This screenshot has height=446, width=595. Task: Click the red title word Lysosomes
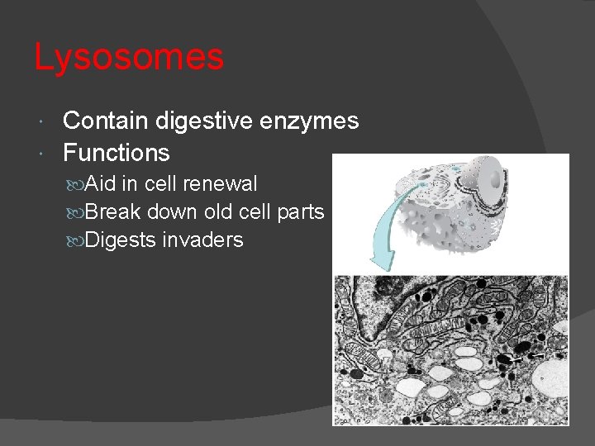(x=129, y=58)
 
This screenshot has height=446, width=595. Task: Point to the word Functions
(x=117, y=153)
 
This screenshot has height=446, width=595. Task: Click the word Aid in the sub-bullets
(x=101, y=184)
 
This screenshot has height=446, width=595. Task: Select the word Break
(x=112, y=212)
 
